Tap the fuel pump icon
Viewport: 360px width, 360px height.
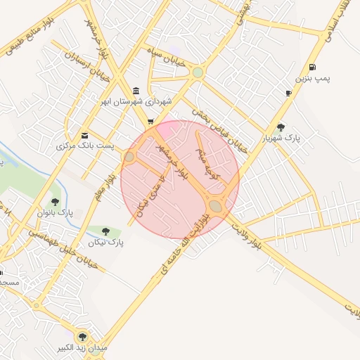tap(311, 67)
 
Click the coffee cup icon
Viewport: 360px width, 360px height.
tap(288, 93)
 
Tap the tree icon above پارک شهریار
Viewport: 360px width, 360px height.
tap(281, 127)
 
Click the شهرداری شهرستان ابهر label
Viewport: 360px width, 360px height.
tap(136, 102)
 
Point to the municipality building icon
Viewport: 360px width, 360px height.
tap(135, 91)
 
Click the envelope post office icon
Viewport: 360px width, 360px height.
tap(85, 135)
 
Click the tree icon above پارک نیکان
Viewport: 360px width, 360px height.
tap(105, 231)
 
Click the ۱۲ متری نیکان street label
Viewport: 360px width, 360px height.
tap(150, 199)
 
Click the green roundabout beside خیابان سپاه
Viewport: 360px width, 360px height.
tap(198, 72)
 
